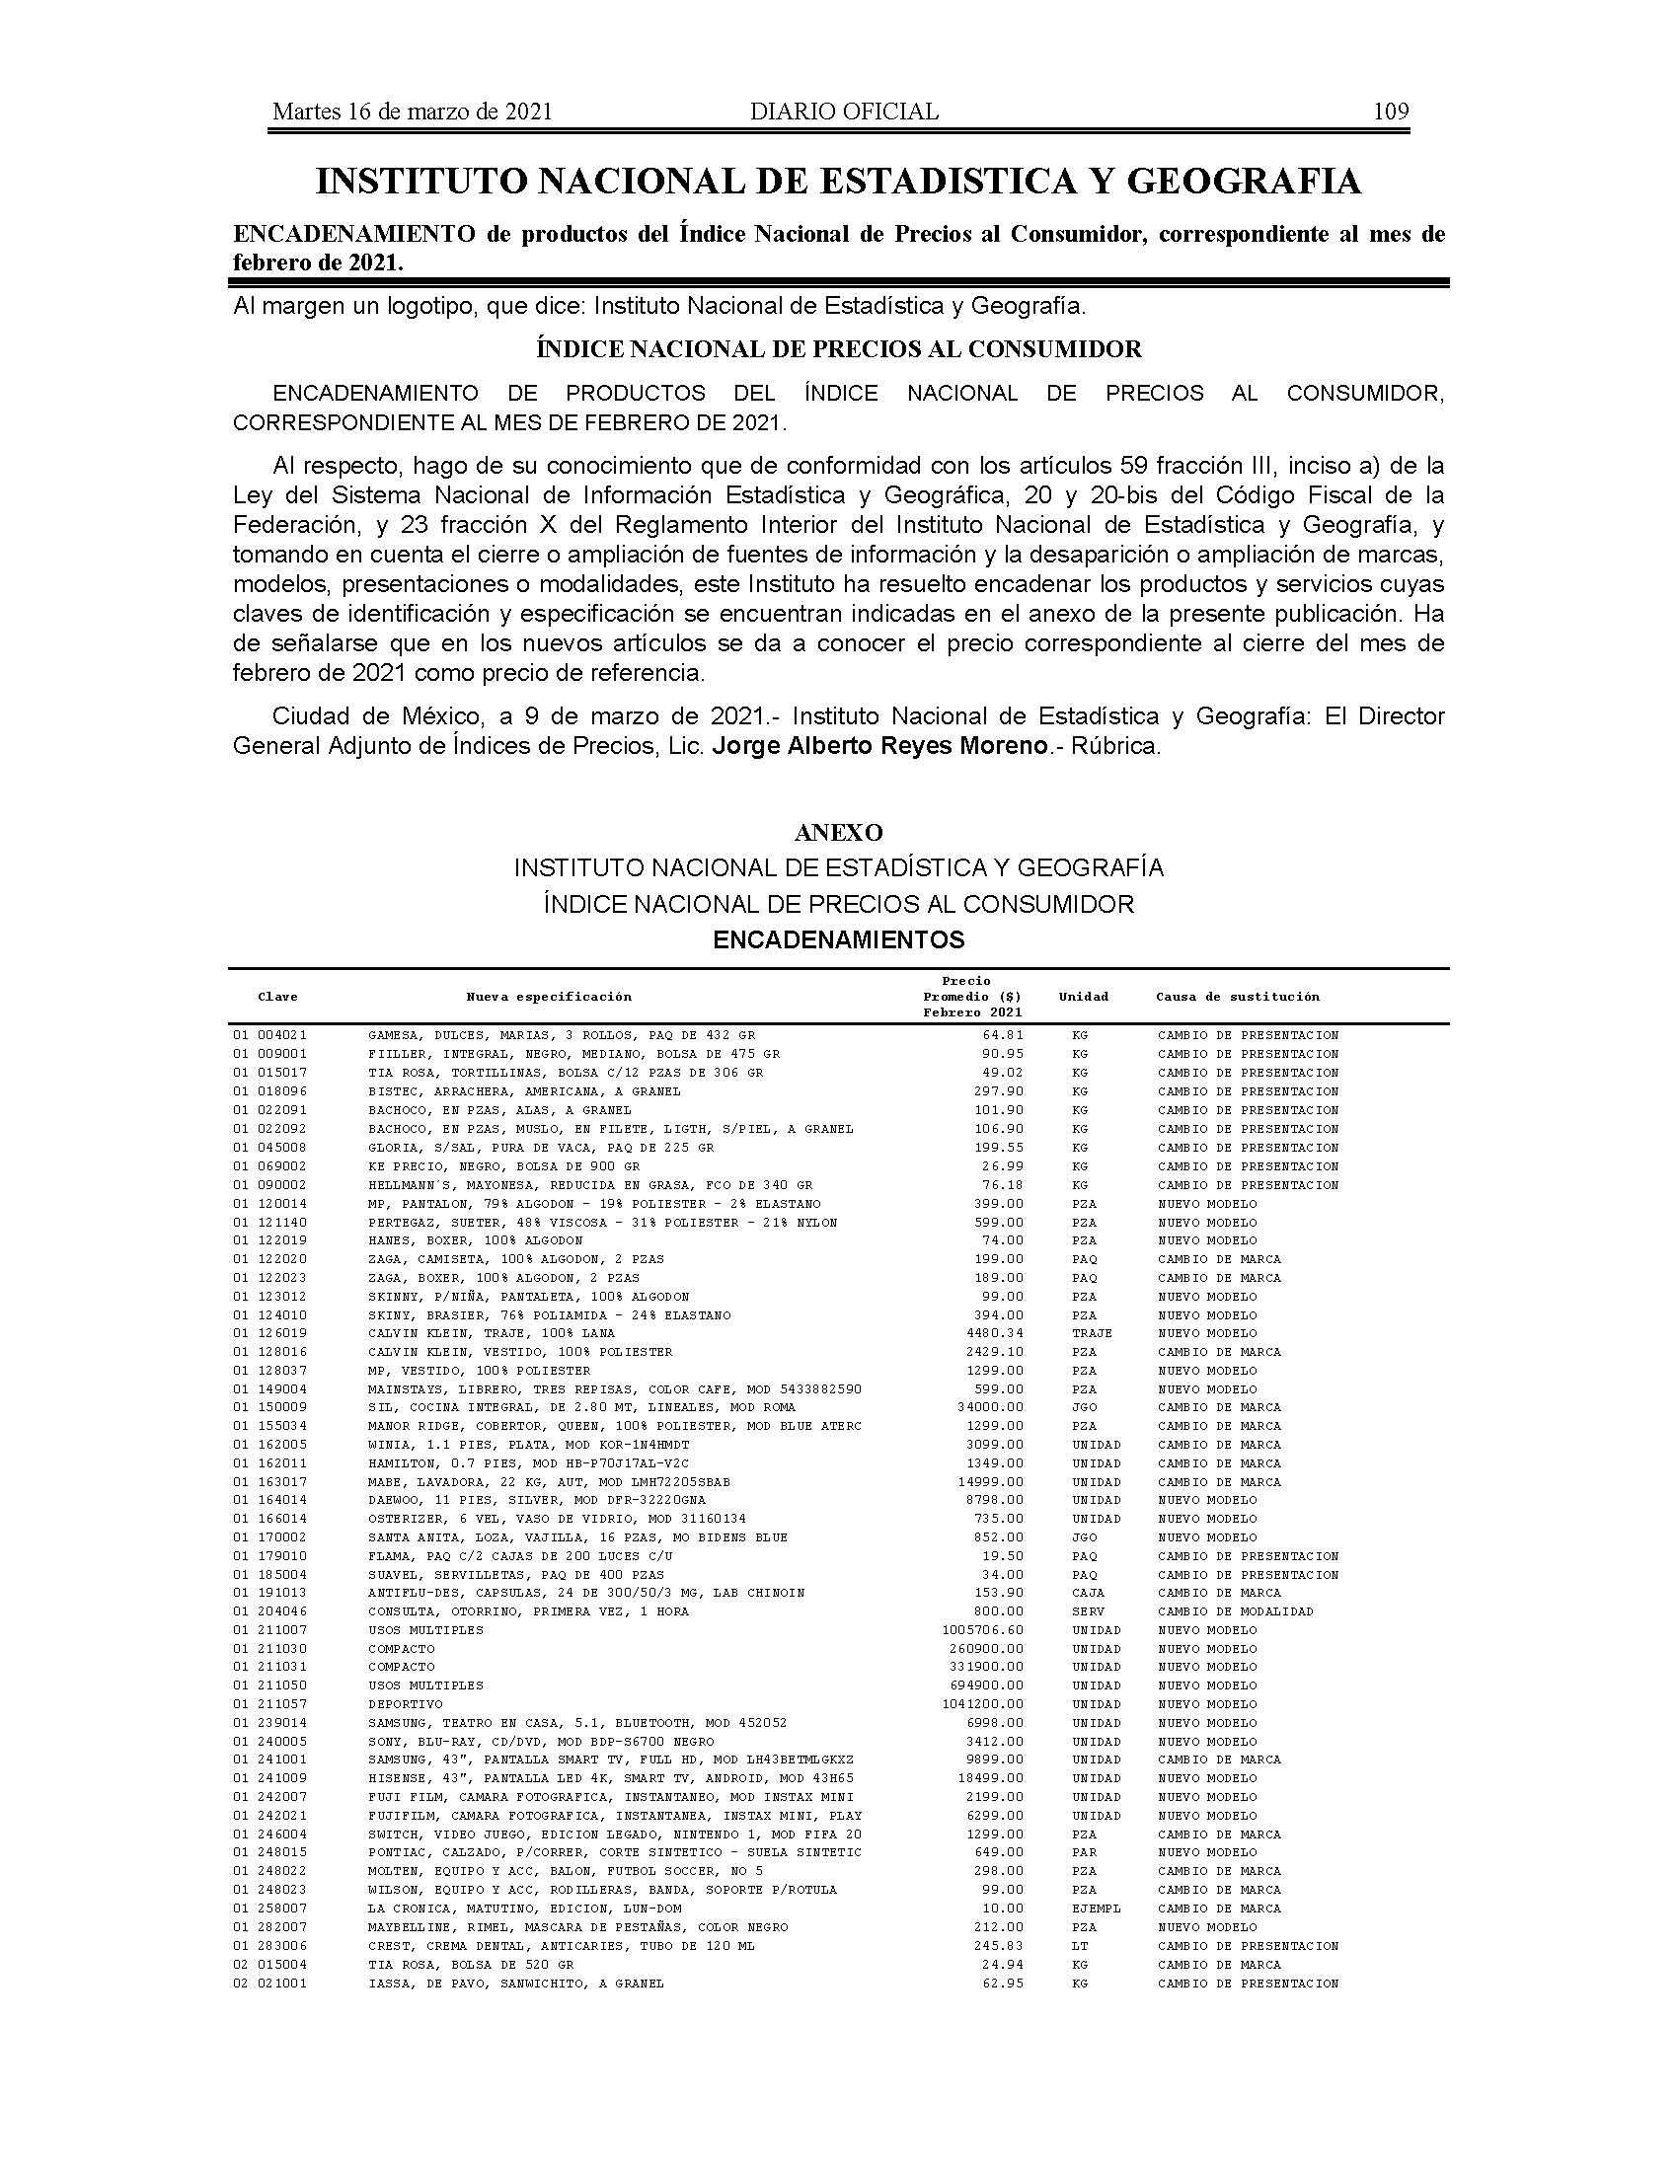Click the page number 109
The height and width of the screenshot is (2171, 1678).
pos(1390,112)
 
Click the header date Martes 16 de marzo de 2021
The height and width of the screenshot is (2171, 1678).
pos(412,112)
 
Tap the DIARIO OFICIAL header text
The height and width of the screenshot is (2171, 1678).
pos(844,112)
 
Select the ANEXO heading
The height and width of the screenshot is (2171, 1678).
pos(838,832)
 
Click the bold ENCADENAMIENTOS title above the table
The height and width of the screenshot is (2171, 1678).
pos(838,939)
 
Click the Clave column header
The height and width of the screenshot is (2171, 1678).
pos(277,997)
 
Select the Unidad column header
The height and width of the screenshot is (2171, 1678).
pos(1083,997)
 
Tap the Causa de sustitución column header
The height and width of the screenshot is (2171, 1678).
pos(1237,997)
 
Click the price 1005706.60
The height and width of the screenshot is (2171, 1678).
pos(982,1630)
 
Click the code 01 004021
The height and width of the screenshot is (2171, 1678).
pos(270,1035)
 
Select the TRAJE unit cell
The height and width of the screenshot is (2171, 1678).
pos(1092,1333)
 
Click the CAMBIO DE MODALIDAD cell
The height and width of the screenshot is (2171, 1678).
pos(1235,1611)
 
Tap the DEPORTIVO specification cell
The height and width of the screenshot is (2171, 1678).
pos(405,1705)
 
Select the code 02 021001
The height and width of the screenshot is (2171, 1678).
pos(270,1984)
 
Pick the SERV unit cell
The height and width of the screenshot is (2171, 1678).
pos(1088,1611)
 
